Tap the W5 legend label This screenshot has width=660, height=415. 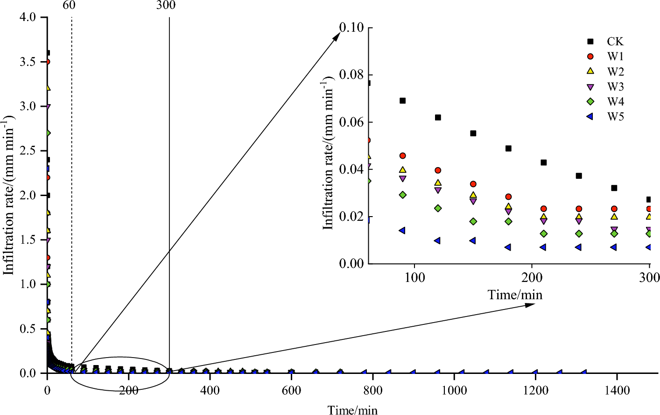[x=615, y=117]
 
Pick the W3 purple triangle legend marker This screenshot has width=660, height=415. [x=590, y=87]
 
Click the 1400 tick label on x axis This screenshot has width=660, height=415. [x=617, y=391]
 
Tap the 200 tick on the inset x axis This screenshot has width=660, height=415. [x=532, y=278]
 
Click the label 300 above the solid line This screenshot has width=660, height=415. [x=166, y=6]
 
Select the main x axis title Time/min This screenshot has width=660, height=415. [x=352, y=410]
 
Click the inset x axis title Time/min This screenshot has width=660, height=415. [x=515, y=295]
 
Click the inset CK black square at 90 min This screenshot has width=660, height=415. [x=402, y=101]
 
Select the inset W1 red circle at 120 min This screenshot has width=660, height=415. [x=438, y=170]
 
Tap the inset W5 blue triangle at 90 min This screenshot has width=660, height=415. [x=401, y=230]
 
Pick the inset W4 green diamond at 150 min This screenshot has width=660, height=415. [x=473, y=221]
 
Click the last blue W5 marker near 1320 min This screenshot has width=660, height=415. [x=583, y=372]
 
